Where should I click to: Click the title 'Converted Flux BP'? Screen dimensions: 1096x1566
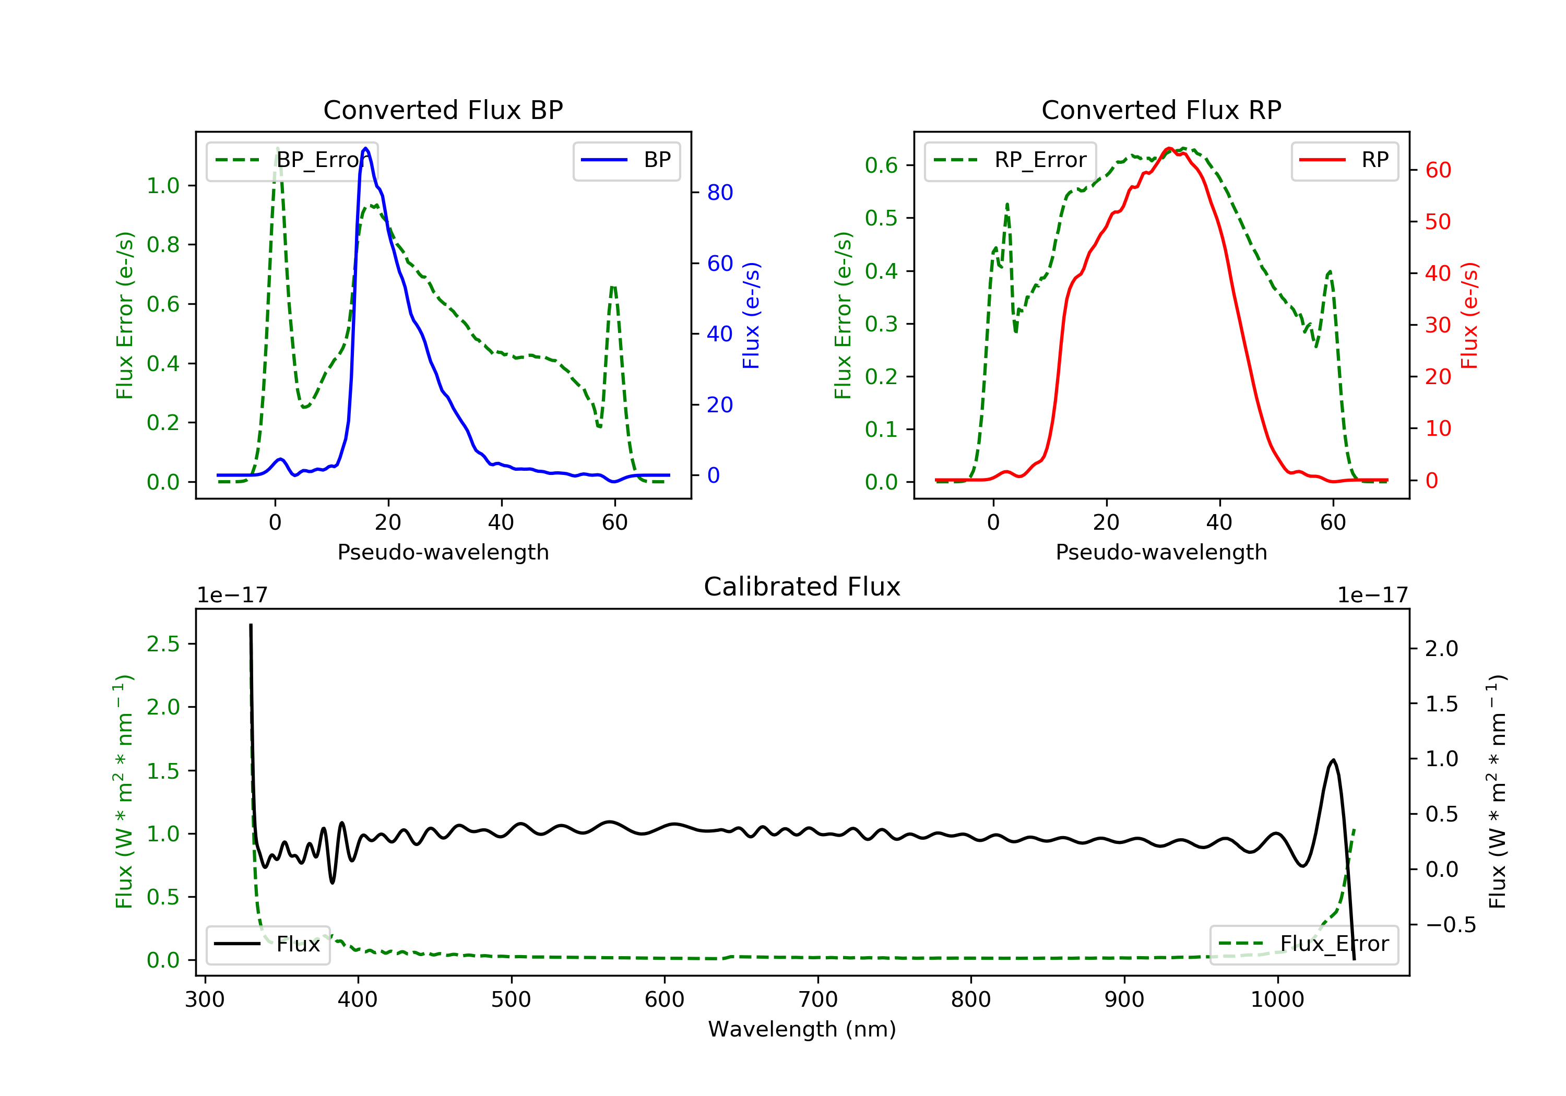point(443,110)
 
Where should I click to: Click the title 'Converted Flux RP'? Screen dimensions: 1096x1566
point(1161,110)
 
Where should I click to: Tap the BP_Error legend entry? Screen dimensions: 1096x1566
point(292,160)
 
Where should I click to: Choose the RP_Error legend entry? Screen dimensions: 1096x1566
point(1010,160)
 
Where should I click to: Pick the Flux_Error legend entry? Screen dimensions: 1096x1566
point(1303,944)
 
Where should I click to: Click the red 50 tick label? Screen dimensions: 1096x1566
point(1438,222)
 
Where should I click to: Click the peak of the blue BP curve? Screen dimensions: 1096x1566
point(365,148)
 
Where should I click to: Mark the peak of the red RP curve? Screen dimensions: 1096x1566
point(1168,149)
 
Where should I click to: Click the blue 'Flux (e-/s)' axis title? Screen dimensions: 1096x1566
point(751,315)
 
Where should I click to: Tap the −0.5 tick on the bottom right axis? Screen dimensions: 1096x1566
point(1450,925)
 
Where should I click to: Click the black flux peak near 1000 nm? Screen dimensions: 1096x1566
point(1333,760)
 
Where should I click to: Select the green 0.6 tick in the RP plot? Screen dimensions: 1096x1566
point(881,165)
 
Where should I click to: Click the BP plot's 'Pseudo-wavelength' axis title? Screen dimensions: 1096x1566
point(443,552)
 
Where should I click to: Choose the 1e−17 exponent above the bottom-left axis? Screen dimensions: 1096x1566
point(232,595)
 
